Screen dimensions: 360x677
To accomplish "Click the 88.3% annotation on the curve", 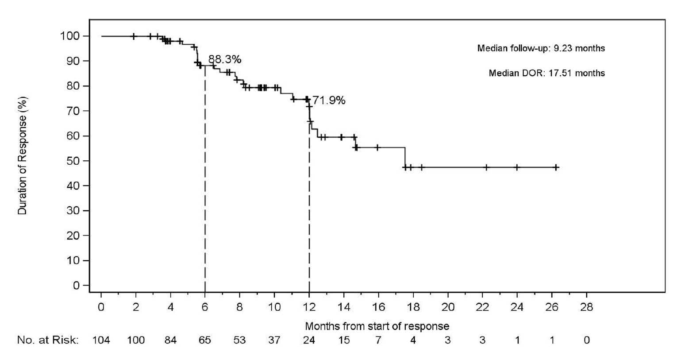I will pos(225,59).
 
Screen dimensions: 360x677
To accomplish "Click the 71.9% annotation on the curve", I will pos(329,101).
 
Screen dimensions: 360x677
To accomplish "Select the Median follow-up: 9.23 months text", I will pos(541,48).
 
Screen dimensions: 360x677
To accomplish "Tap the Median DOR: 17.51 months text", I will pos(546,73).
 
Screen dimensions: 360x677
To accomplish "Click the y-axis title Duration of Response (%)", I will pos(23,156).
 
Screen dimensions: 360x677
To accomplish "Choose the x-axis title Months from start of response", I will pos(377,326).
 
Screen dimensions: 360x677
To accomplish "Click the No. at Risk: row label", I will pos(48,340).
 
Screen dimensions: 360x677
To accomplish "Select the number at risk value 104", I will pos(101,340).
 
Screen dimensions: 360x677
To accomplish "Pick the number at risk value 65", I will pos(205,340).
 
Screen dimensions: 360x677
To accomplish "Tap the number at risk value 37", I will pos(274,340).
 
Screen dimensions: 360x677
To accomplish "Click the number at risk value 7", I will pos(378,340).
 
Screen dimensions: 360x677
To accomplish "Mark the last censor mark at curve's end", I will pos(556,167).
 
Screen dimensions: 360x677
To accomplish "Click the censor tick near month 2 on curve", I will pos(134,36).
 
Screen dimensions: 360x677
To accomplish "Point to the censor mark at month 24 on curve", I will pos(517,167).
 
